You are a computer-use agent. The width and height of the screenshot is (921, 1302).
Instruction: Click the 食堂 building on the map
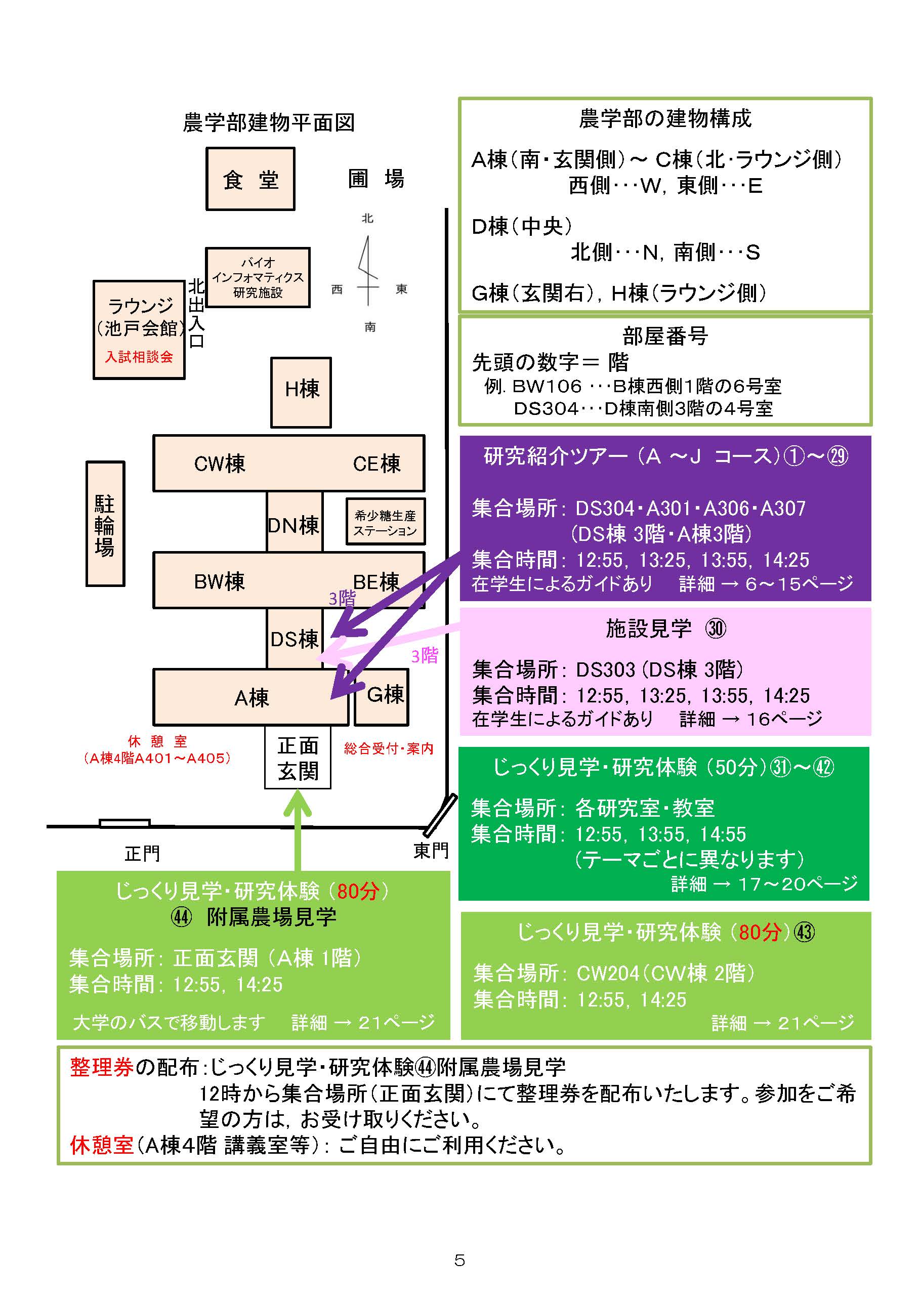pyautogui.click(x=250, y=179)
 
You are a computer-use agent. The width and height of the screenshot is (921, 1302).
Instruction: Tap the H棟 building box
pyautogui.click(x=301, y=392)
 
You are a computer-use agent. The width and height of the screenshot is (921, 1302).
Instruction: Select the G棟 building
pyautogui.click(x=382, y=696)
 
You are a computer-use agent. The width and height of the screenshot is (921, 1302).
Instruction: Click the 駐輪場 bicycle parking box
pyautogui.click(x=105, y=524)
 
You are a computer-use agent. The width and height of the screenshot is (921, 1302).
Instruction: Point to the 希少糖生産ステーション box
pyautogui.click(x=386, y=522)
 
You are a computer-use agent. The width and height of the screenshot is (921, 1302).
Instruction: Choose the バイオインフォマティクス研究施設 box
pyautogui.click(x=258, y=278)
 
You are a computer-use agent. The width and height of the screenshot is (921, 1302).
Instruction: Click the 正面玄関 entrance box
pyautogui.click(x=298, y=758)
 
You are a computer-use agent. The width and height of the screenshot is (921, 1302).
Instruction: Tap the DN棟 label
pyautogui.click(x=295, y=525)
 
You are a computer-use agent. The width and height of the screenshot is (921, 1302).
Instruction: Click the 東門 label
pyautogui.click(x=431, y=851)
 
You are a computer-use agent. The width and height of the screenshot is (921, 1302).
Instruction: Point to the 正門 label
pyautogui.click(x=142, y=853)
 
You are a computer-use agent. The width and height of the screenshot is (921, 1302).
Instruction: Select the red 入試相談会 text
pyautogui.click(x=139, y=357)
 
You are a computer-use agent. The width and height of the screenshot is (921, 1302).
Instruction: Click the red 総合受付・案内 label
pyautogui.click(x=389, y=748)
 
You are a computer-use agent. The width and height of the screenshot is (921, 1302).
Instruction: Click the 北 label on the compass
pyautogui.click(x=367, y=218)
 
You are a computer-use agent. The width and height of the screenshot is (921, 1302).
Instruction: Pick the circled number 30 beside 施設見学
pyautogui.click(x=716, y=628)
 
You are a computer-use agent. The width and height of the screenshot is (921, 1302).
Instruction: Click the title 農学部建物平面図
pyautogui.click(x=269, y=122)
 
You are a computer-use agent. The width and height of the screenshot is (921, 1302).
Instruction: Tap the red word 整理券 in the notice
pyautogui.click(x=102, y=1067)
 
